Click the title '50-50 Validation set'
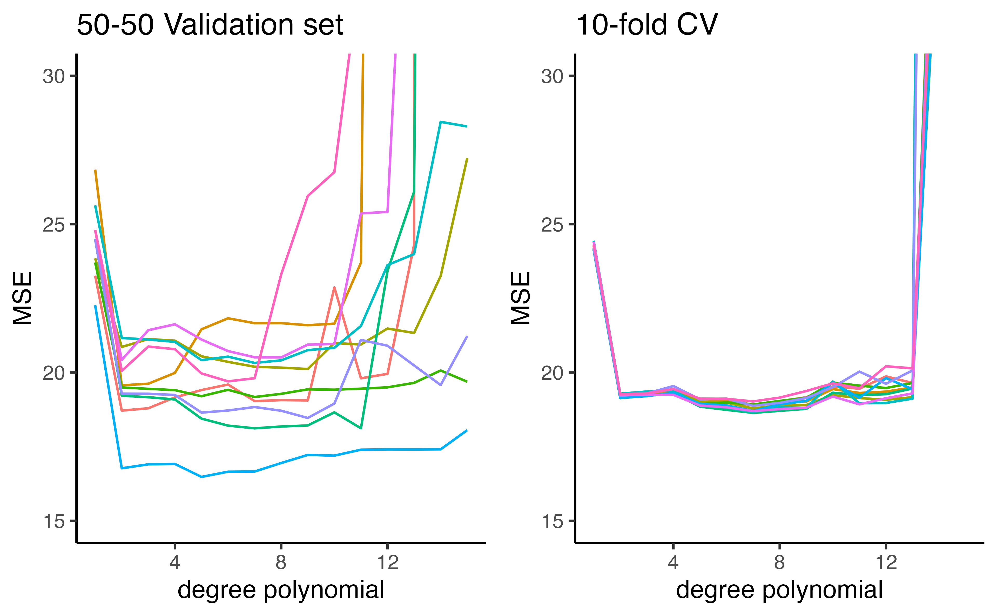(210, 25)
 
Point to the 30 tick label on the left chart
(54, 76)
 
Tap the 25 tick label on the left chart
(54, 225)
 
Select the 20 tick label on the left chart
(54, 373)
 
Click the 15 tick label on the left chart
(54, 521)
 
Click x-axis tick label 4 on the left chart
(175, 563)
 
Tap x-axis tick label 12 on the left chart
(387, 563)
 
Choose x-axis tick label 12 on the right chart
(886, 563)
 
